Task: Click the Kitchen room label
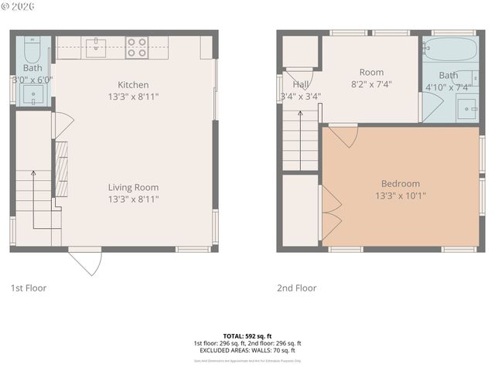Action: point(133,85)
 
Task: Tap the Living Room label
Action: point(133,187)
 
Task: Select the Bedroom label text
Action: point(400,184)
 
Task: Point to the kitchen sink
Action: point(95,47)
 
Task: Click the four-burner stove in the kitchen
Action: point(137,47)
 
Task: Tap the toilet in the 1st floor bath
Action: point(32,51)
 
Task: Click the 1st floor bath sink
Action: point(32,95)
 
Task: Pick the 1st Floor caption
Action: point(29,288)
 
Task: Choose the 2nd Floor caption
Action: point(297,288)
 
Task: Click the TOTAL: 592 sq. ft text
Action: point(247,336)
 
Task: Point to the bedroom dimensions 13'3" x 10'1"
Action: point(400,196)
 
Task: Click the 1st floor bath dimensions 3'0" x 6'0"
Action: point(32,80)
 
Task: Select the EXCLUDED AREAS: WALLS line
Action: point(247,350)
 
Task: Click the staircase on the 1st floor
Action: point(34,201)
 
